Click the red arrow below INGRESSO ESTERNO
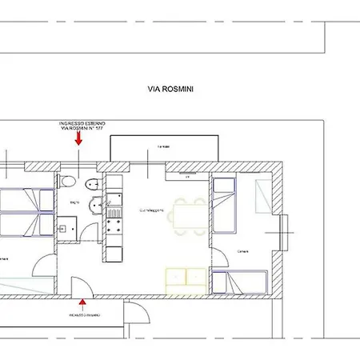[78, 138]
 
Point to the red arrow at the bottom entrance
[83, 302]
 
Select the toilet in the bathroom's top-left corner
[66, 181]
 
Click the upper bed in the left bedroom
[24, 199]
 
